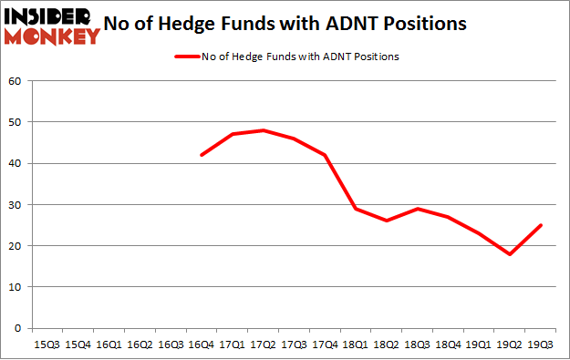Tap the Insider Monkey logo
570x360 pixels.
(52, 26)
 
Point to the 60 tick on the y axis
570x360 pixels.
(15, 81)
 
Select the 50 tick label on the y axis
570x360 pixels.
(15, 122)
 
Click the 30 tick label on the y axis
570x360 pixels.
(15, 204)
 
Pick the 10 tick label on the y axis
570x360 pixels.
(15, 286)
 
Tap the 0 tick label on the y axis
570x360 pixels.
(17, 327)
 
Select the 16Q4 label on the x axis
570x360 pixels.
(201, 345)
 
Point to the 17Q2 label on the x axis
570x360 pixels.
(263, 345)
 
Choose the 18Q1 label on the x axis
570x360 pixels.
(356, 345)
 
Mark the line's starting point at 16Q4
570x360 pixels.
(201, 155)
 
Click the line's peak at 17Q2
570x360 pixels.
(263, 130)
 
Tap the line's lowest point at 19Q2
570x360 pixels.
(511, 253)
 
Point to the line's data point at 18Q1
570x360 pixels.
(356, 209)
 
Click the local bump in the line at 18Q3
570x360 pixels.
(418, 209)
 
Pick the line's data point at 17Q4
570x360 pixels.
(325, 155)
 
